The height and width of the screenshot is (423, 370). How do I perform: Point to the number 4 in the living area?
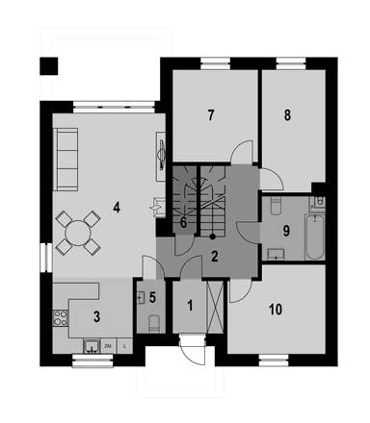tap(116, 206)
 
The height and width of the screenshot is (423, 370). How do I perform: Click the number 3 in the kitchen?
tap(96, 314)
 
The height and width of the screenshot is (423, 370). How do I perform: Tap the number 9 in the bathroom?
tap(285, 230)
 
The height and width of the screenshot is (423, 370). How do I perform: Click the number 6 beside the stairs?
tap(183, 223)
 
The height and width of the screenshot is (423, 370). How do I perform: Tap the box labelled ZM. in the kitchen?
tap(109, 345)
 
